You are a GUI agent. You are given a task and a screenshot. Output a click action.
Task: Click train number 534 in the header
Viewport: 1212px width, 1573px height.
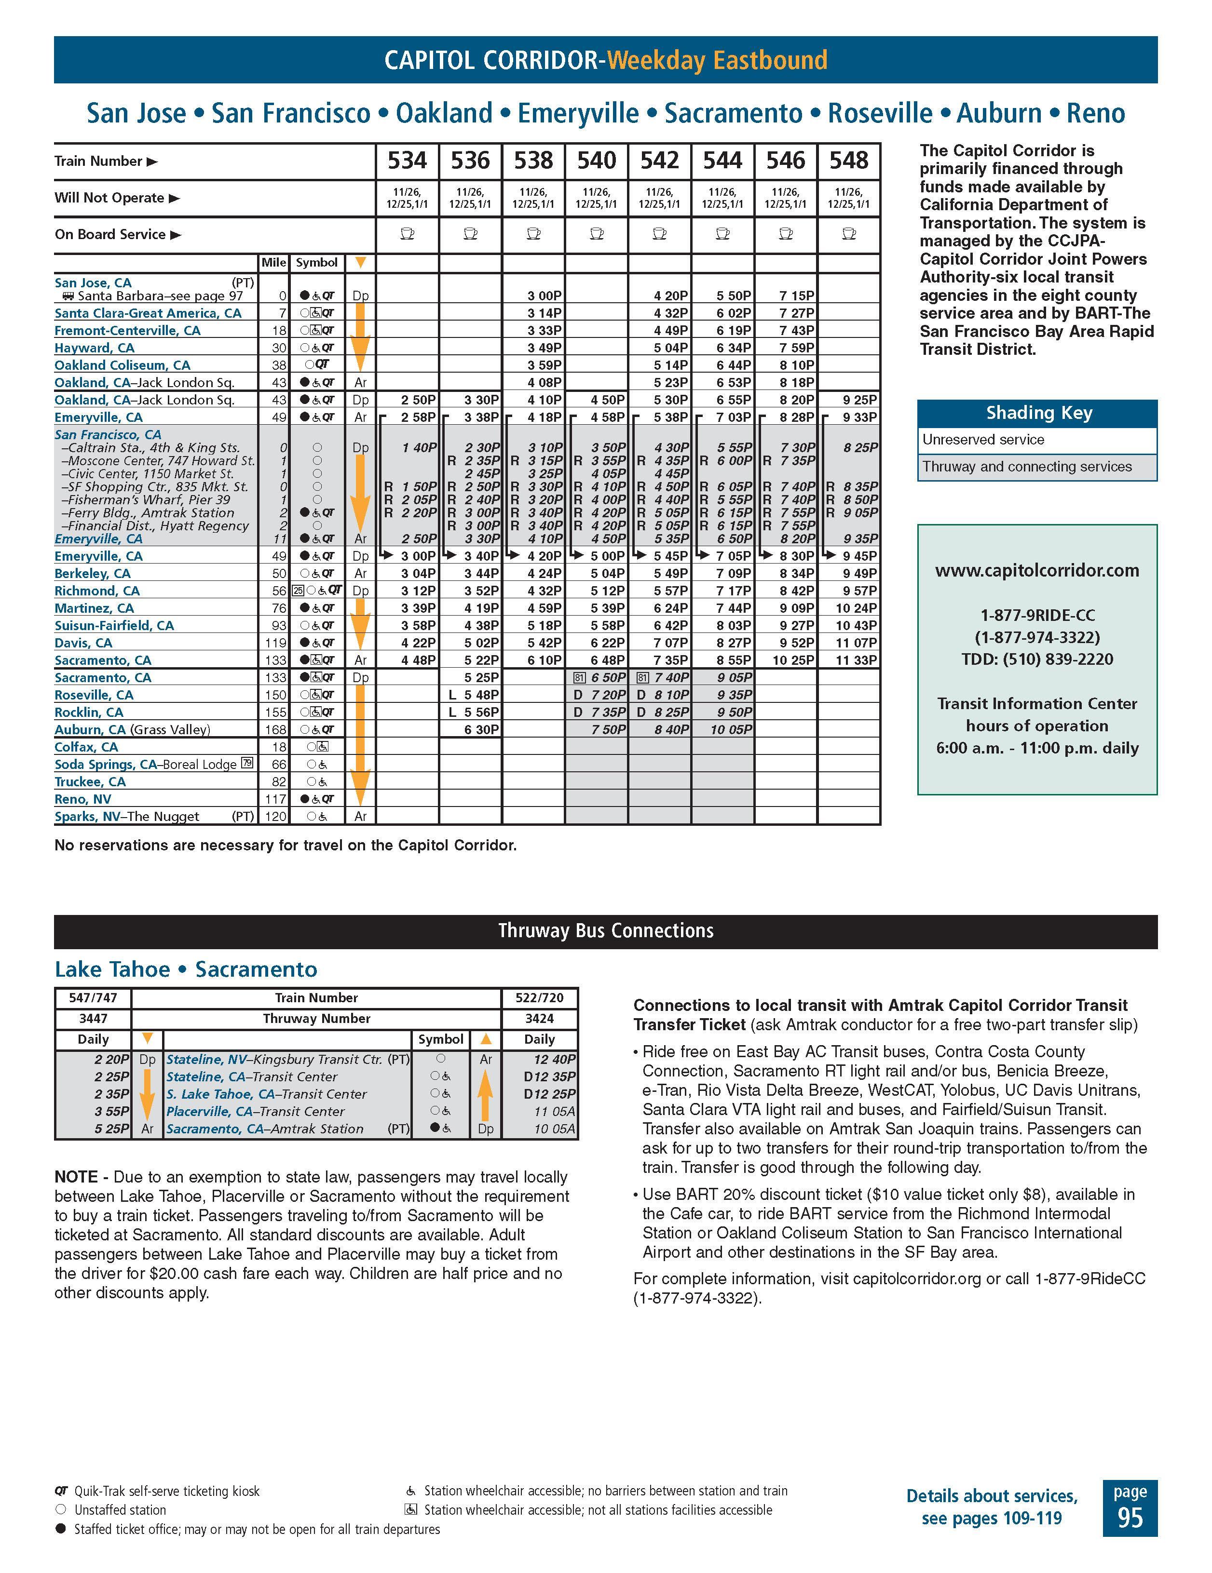pos(407,161)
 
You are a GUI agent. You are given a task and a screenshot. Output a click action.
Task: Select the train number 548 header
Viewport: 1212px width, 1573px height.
pos(849,161)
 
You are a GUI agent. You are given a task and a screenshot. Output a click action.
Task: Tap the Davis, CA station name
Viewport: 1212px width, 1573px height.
pos(83,643)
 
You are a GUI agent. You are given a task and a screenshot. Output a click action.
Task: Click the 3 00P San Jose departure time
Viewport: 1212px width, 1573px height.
pos(544,296)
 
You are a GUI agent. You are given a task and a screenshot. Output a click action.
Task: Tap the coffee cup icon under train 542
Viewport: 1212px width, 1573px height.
pos(659,234)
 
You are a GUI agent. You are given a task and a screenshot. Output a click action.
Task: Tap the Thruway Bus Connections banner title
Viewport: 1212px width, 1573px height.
pos(605,930)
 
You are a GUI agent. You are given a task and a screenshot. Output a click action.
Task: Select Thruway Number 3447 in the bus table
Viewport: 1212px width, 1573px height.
pos(93,1019)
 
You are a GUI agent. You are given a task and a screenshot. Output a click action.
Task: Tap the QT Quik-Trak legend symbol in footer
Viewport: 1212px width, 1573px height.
pos(61,1491)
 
